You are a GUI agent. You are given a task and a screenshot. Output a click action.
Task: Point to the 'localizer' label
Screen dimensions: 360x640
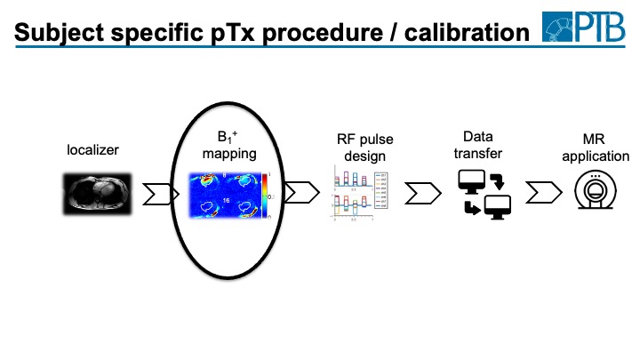coord(93,150)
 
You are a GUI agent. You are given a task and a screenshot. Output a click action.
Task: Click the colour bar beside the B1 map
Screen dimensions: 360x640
coord(263,196)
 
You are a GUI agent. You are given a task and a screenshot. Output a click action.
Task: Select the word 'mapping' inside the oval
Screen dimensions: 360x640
coord(228,154)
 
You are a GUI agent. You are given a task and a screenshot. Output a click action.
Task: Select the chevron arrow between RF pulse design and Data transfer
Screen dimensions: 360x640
coord(420,193)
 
